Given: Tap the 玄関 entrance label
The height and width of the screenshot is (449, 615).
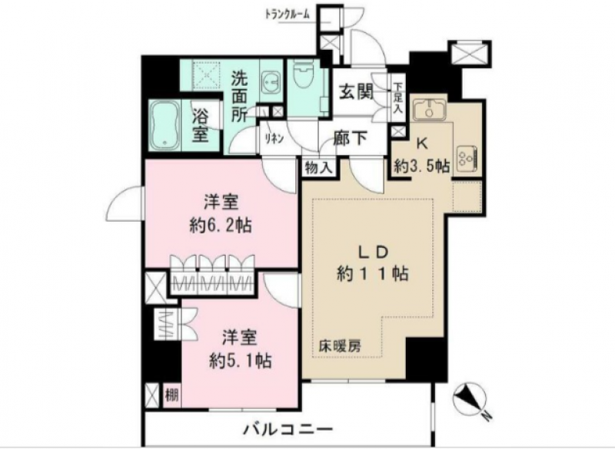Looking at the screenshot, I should coord(357,93).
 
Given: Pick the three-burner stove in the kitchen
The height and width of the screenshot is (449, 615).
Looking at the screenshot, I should coord(467,157).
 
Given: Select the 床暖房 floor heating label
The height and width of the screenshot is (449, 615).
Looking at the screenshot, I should coord(339,346).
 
